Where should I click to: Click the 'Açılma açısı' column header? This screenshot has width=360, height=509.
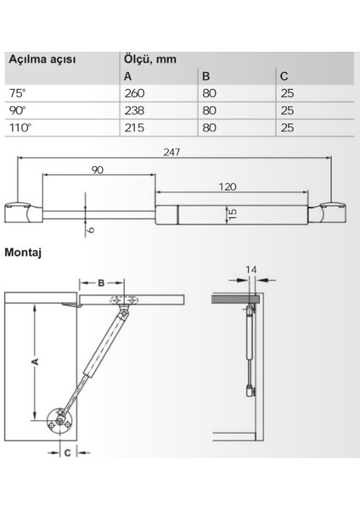[42, 60]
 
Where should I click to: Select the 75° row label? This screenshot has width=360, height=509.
[16, 94]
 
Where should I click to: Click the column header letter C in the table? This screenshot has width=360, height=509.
[284, 77]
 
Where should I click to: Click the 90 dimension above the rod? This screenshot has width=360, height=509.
[98, 170]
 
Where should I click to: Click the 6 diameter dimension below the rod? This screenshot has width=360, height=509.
[91, 228]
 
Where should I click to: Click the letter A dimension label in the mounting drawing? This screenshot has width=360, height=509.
[34, 361]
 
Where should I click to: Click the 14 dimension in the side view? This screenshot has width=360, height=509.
[250, 270]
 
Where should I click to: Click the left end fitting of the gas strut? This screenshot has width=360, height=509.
[20, 209]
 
